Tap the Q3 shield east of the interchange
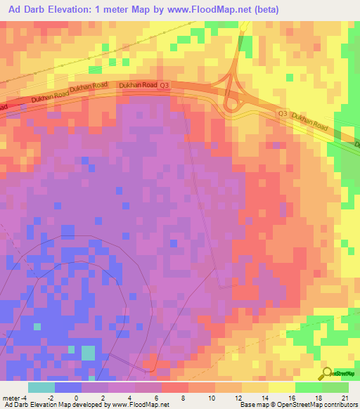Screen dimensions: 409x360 [x=283, y=113]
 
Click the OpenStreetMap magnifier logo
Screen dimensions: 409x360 [x=326, y=373]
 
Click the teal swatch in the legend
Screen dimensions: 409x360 [x=41, y=387]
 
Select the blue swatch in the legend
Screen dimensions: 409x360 [x=67, y=387]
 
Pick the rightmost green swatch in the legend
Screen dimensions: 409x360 [x=335, y=387]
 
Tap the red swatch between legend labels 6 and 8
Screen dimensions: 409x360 [x=174, y=387]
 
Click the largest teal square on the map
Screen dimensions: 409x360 [x=87, y=352]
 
